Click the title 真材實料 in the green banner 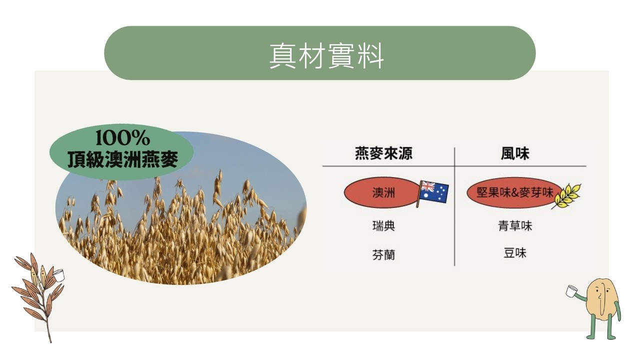pos(326,56)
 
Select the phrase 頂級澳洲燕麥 pos(123,159)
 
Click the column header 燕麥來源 pos(383,153)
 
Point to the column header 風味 pos(515,153)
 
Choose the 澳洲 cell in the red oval pos(383,193)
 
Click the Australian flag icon pos(432,193)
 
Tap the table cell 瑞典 pos(383,225)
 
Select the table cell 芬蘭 pos(383,254)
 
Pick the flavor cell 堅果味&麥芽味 pos(514,193)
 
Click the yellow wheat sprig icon pos(565,196)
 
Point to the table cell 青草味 pos(515,225)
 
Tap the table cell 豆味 pos(515,253)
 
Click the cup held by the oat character pos(571,291)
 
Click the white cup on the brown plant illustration pos(59,275)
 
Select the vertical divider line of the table pos(454,206)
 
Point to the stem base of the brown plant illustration pos(50,341)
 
